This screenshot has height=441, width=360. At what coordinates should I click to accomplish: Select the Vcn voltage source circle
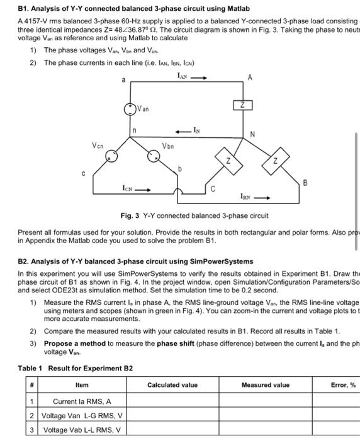click(112, 156)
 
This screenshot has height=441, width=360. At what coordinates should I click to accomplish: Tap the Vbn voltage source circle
click(152, 156)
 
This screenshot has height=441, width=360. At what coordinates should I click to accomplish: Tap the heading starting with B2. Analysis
click(135, 261)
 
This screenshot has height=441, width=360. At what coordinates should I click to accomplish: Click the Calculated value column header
click(172, 384)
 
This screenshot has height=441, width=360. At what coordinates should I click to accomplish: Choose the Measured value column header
click(266, 384)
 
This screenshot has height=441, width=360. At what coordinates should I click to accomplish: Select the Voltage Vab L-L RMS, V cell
click(82, 430)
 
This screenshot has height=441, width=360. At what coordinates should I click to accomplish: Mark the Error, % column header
click(343, 384)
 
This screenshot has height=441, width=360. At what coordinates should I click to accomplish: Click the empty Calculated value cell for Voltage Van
click(172, 416)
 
